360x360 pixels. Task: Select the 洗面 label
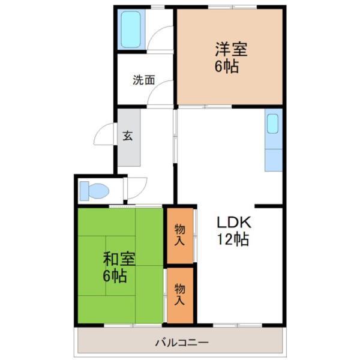[144, 79]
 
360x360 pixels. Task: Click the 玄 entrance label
[128, 135]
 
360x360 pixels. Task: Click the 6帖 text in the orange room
[228, 66]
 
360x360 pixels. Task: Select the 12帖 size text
[233, 239]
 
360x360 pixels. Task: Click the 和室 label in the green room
[119, 259]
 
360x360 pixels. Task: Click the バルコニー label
[181, 343]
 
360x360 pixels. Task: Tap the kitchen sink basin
[273, 125]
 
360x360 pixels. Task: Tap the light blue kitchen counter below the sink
[273, 158]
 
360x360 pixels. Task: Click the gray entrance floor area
[128, 150]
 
